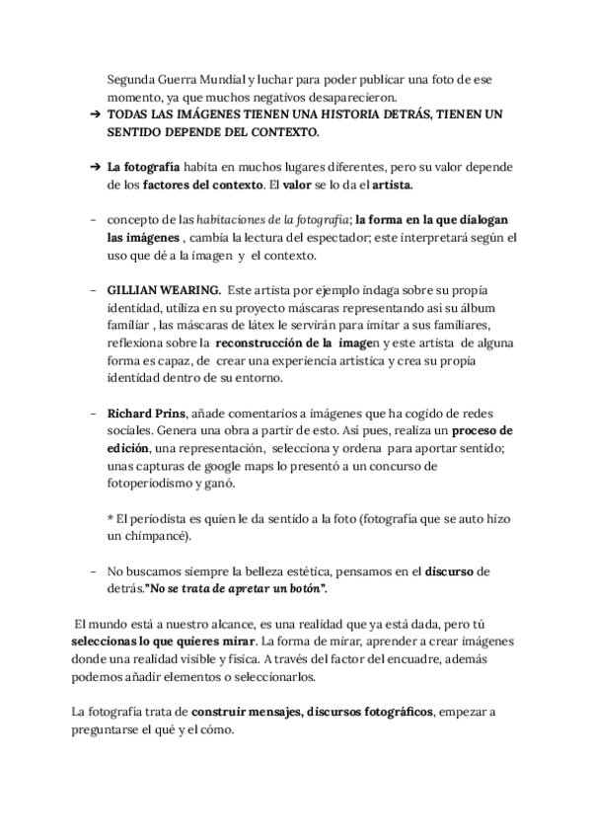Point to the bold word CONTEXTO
tap(287, 131)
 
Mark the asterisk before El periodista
tap(111, 519)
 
